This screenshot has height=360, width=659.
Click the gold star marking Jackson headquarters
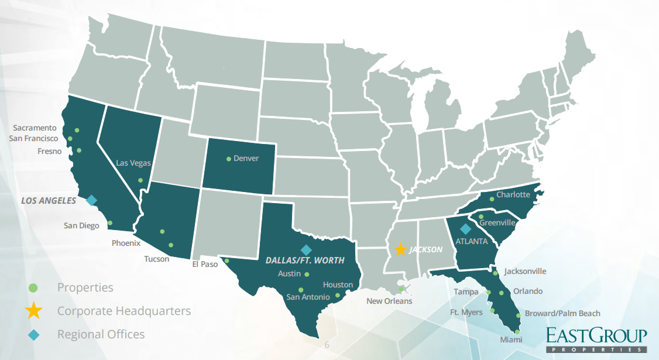pyautogui.click(x=400, y=249)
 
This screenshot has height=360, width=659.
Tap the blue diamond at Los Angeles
pyautogui.click(x=91, y=200)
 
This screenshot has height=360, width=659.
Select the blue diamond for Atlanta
pyautogui.click(x=465, y=229)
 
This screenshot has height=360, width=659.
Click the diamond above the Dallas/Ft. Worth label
pyautogui.click(x=305, y=249)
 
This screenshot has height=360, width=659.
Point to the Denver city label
pyautogui.click(x=246, y=158)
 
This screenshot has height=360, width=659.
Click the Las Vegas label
pyautogui.click(x=133, y=163)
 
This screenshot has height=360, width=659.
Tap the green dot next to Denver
pyautogui.click(x=228, y=158)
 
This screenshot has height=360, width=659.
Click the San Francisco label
pyautogui.click(x=33, y=139)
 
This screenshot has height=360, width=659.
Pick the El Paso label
pyautogui.click(x=205, y=264)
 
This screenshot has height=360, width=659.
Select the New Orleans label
pyautogui.click(x=389, y=301)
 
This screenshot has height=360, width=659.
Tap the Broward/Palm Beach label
pyautogui.click(x=562, y=314)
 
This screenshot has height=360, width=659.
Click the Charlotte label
pyautogui.click(x=513, y=194)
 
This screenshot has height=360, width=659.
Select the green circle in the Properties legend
pyautogui.click(x=33, y=287)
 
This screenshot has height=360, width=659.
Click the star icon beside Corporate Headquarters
pyautogui.click(x=34, y=311)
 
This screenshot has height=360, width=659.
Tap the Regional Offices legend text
pyautogui.click(x=101, y=334)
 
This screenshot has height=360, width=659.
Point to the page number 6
pyautogui.click(x=327, y=345)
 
